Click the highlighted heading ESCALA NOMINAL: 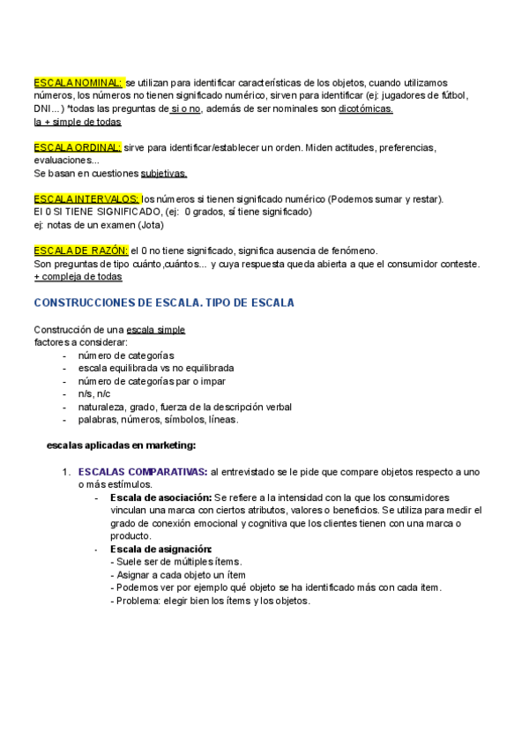click(78, 83)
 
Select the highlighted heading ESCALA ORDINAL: click(77, 147)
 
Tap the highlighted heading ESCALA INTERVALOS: click(86, 198)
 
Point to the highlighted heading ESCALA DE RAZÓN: click(81, 251)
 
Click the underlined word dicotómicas click(366, 108)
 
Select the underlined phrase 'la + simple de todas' click(78, 122)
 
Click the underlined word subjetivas click(164, 173)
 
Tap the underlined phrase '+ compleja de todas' click(78, 276)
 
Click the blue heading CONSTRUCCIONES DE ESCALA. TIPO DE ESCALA click(164, 303)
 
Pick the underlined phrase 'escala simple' click(156, 329)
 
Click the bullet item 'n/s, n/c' click(94, 393)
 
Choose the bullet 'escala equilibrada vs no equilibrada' click(156, 368)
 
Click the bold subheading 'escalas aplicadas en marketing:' click(121, 445)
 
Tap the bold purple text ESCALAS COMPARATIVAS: click(143, 472)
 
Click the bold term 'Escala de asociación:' click(160, 497)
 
